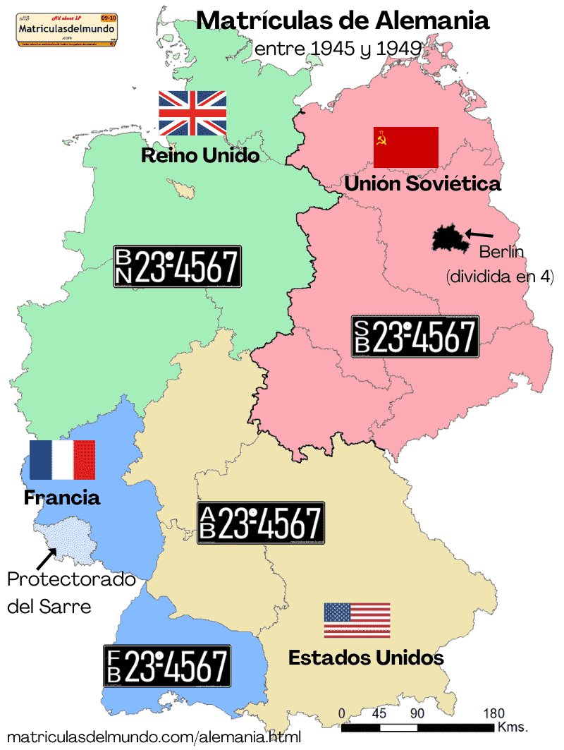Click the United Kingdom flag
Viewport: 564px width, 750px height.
tap(192, 113)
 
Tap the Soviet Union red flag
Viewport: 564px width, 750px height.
tap(406, 147)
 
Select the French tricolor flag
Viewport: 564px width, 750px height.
tap(62, 460)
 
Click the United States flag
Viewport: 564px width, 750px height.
tap(357, 620)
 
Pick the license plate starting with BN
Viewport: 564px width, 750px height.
tap(177, 266)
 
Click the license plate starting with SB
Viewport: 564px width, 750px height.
tap(415, 336)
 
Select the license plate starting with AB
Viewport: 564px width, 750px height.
tap(261, 523)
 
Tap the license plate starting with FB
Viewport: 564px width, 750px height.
tap(167, 666)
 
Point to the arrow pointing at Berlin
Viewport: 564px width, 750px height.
tap(480, 234)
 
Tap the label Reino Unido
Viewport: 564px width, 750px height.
tap(200, 156)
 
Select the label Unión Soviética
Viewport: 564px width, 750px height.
tap(422, 184)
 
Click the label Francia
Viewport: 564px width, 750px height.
tap(62, 497)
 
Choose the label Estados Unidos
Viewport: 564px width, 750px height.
tap(366, 658)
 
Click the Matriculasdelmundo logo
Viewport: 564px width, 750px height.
tap(67, 29)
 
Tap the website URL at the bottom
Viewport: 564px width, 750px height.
tap(154, 736)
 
